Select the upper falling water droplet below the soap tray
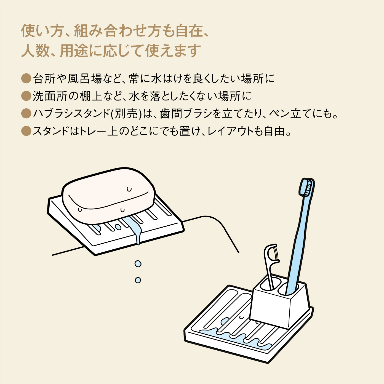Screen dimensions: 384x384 [138, 264]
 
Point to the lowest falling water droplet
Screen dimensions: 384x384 [138, 280]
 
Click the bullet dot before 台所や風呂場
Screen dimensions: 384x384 [26, 78]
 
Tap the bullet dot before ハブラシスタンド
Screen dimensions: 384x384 [26, 113]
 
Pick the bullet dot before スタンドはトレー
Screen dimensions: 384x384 [26, 131]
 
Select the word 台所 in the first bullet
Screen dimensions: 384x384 [44, 79]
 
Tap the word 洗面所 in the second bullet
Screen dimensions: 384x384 [50, 96]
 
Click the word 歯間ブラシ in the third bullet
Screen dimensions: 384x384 [186, 114]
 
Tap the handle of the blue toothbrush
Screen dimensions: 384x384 [298, 246]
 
